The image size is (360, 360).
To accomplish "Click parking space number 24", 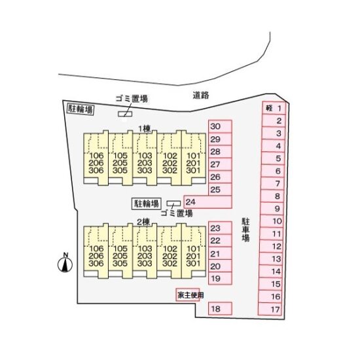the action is [207, 202].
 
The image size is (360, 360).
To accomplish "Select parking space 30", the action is [220, 126].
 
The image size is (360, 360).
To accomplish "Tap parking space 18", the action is [220, 308].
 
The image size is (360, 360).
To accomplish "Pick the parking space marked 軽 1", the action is [274, 108].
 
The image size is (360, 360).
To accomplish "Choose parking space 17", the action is [270, 309].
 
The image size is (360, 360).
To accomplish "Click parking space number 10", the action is [272, 221].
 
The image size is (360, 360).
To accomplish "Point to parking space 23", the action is [220, 228].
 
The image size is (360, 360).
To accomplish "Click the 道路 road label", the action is [201, 95].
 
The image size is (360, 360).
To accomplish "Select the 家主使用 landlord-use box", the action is [188, 295].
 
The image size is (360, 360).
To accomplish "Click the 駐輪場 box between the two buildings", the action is [147, 204].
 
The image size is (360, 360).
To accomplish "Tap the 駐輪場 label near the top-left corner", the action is [81, 109].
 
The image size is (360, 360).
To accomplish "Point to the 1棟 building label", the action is [144, 129].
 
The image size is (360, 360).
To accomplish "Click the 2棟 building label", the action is [143, 222].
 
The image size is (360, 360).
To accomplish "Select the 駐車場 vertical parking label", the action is [245, 230].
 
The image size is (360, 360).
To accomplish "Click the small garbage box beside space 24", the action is [173, 204].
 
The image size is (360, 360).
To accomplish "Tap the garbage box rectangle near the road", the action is [125, 114].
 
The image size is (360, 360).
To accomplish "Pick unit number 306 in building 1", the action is [96, 170].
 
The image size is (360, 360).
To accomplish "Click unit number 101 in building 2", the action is [193, 249].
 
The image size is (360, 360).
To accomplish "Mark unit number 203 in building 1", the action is [145, 163].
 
